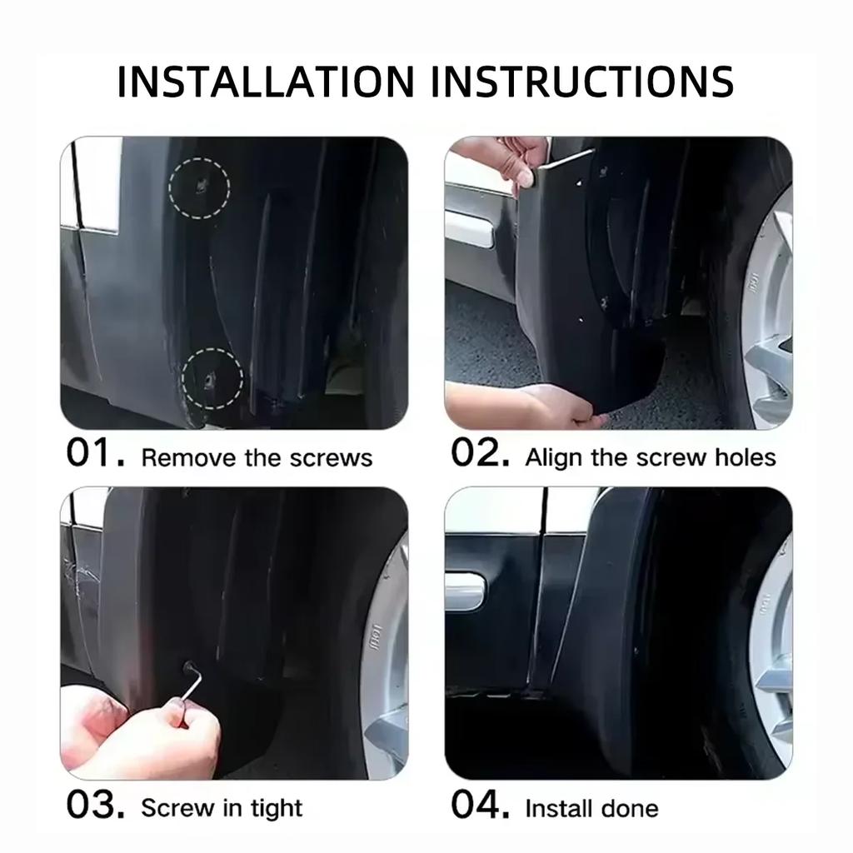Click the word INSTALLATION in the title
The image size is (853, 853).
[266, 82]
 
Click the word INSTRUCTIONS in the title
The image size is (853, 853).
[582, 82]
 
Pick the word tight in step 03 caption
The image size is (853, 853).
[277, 809]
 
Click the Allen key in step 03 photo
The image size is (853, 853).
[192, 691]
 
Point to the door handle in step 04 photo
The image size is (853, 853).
[464, 590]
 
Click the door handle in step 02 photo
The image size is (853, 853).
[469, 229]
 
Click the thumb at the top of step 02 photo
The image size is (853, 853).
[525, 174]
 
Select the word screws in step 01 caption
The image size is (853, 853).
[331, 458]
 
